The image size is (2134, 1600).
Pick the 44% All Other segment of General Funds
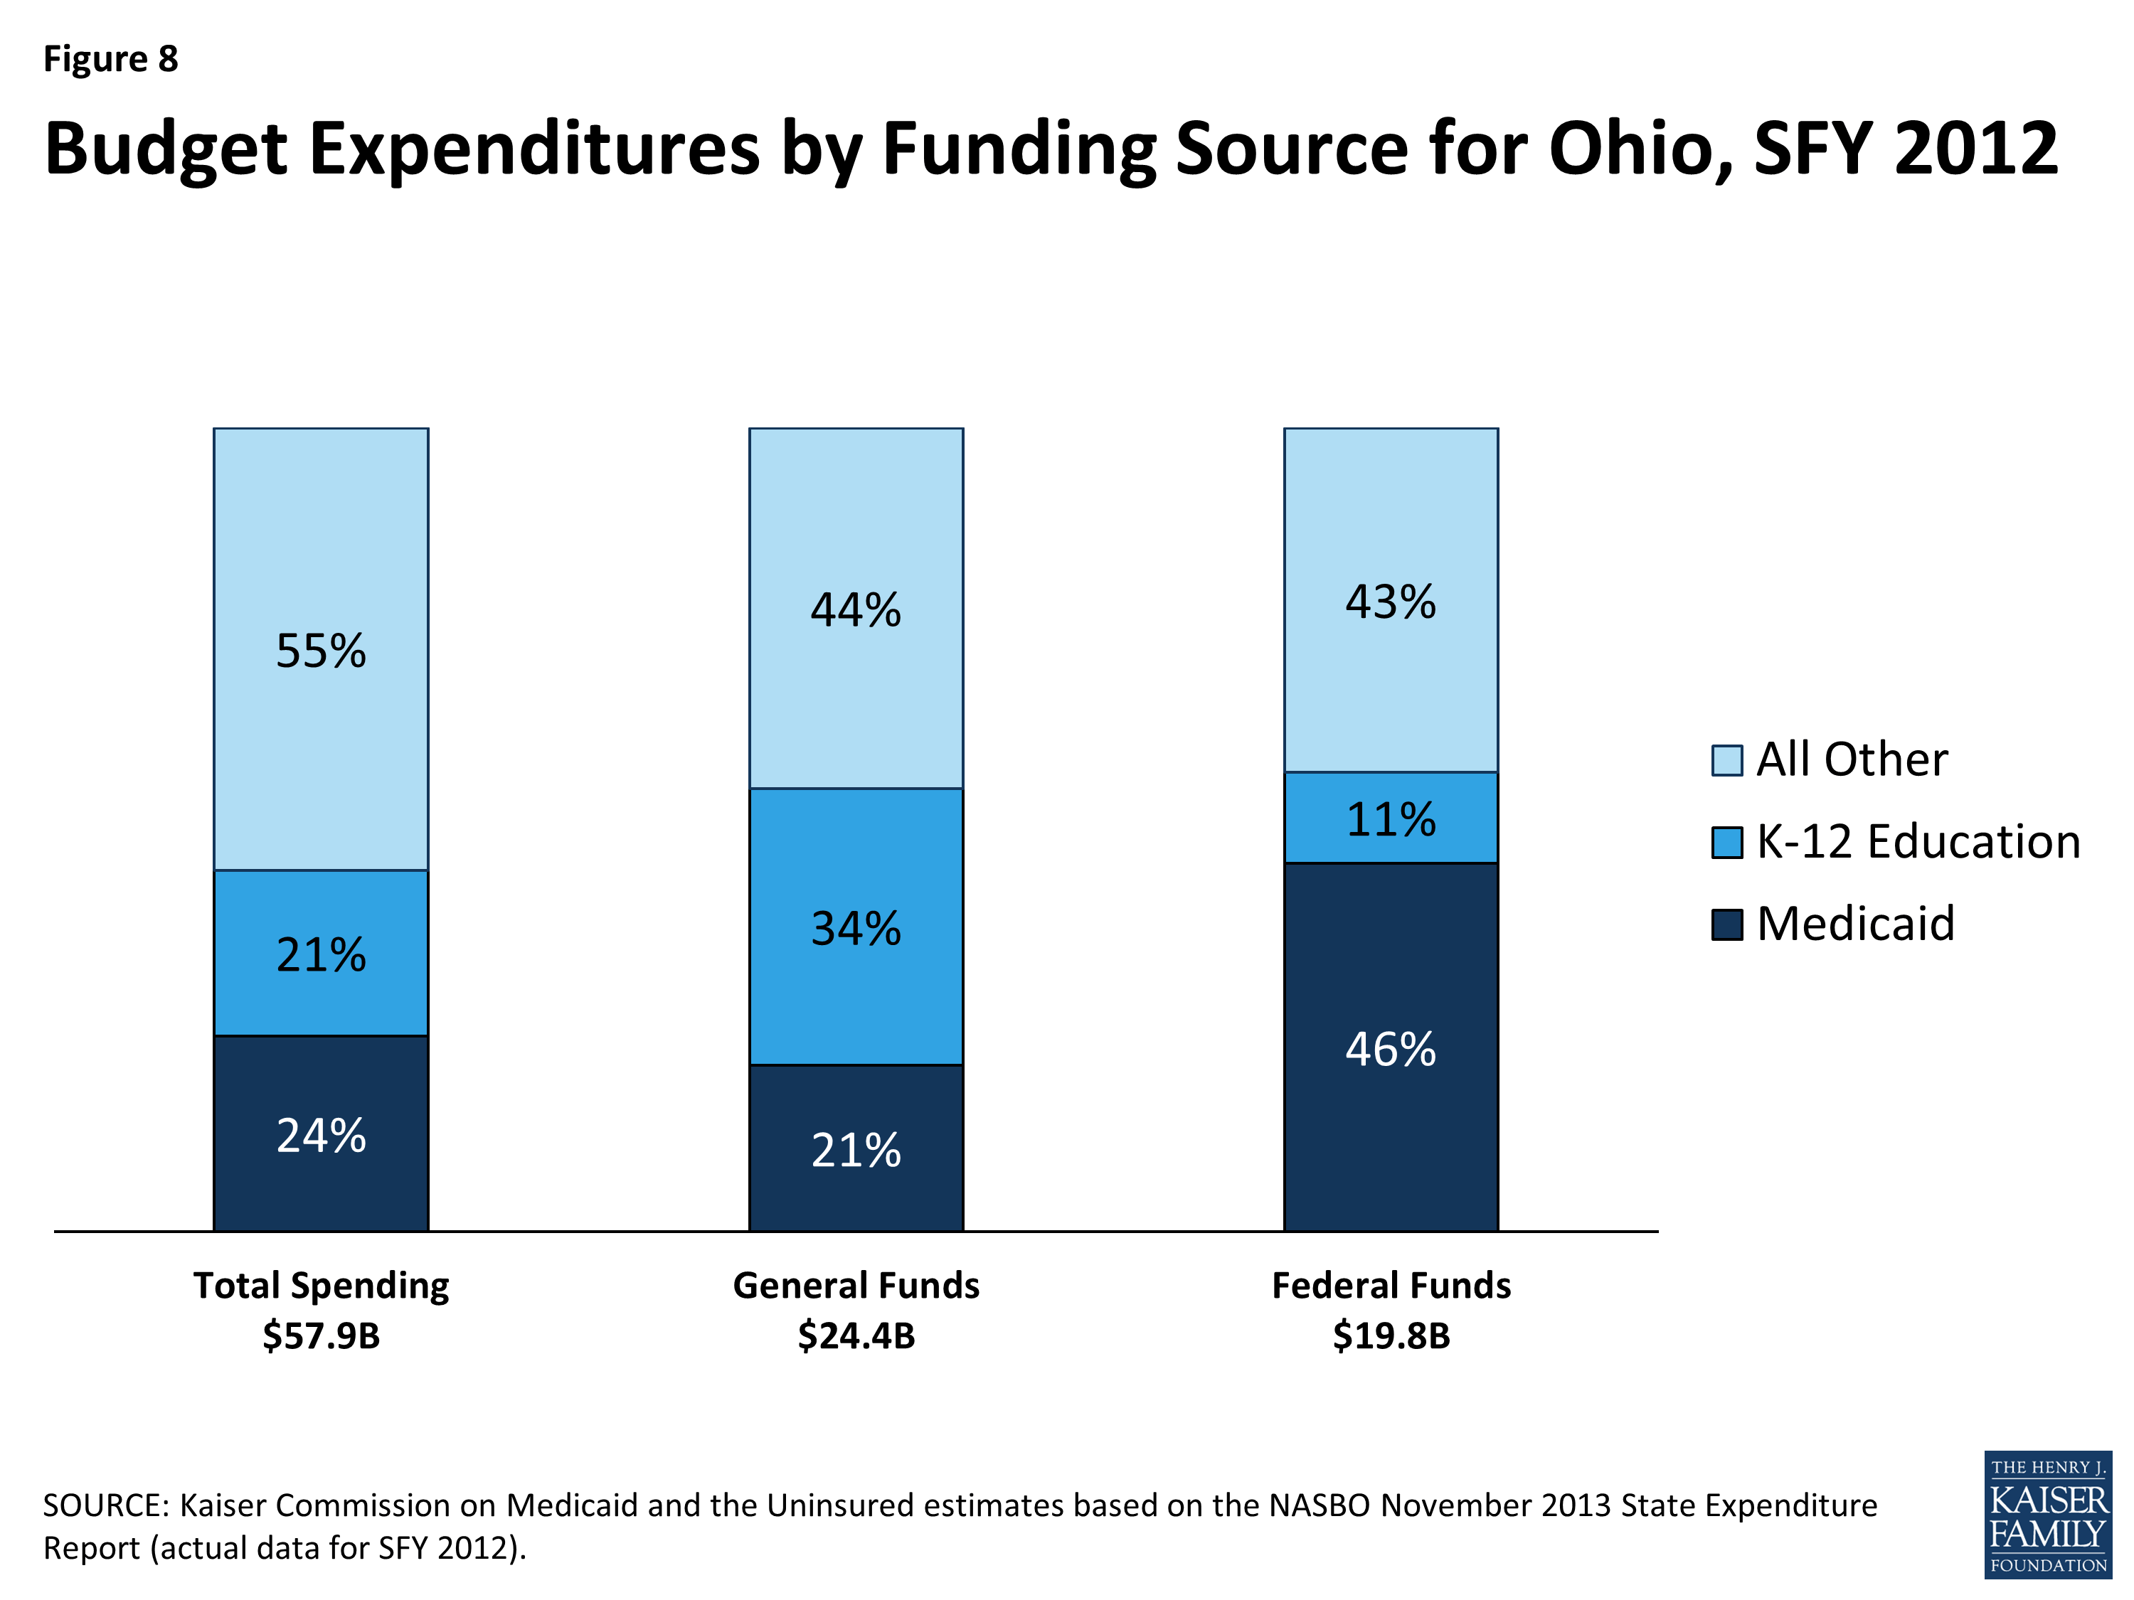(x=856, y=609)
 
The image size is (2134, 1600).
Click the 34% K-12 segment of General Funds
(x=856, y=928)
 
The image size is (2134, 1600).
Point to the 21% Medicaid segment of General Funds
(x=856, y=1150)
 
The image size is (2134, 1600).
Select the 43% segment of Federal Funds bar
(x=1390, y=602)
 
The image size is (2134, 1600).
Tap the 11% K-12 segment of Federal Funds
(x=1390, y=818)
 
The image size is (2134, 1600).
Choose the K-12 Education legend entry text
(x=1918, y=842)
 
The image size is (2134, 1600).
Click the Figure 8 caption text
(x=111, y=60)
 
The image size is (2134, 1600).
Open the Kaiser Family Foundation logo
(x=2047, y=1514)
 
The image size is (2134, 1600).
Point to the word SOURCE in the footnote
(x=106, y=1505)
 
